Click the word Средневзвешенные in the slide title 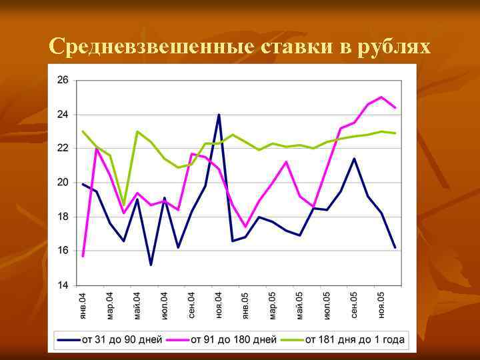[150, 47]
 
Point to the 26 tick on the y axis [63, 80]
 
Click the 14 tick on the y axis [63, 285]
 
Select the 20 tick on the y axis [63, 182]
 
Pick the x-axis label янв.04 [83, 305]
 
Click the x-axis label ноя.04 [219, 305]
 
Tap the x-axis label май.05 [300, 305]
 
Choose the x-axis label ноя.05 [381, 305]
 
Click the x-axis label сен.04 [191, 305]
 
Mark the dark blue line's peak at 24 [219, 115]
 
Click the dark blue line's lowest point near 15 [151, 265]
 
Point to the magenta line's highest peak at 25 [381, 97]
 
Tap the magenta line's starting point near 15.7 [83, 256]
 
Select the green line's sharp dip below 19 [123, 205]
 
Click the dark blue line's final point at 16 [395, 247]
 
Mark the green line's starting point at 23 [83, 131]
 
